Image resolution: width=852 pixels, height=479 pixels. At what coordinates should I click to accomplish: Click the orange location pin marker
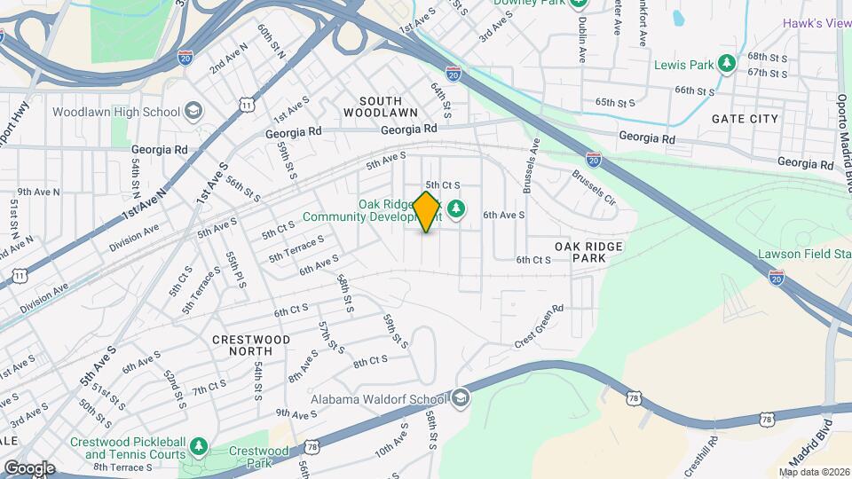(x=427, y=211)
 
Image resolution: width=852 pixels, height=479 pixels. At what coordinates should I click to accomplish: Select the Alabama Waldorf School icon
(x=461, y=398)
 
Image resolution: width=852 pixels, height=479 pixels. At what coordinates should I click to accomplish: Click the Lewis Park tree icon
(x=727, y=64)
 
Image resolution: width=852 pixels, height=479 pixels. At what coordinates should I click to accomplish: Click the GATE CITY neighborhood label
(x=745, y=119)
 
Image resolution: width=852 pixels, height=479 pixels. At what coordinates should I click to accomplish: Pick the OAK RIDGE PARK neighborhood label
(x=589, y=251)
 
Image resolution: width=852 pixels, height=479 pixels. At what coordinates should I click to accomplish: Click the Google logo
(x=28, y=467)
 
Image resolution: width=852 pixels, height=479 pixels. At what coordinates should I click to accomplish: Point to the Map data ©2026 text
(x=813, y=472)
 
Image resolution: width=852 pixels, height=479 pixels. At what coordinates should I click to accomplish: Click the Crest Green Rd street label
(x=539, y=326)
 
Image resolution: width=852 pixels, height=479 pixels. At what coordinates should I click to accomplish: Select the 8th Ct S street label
(x=371, y=362)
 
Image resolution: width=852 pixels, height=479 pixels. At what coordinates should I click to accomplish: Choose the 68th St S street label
(x=768, y=56)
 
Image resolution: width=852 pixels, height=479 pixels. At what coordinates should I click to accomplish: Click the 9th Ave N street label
(x=38, y=191)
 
